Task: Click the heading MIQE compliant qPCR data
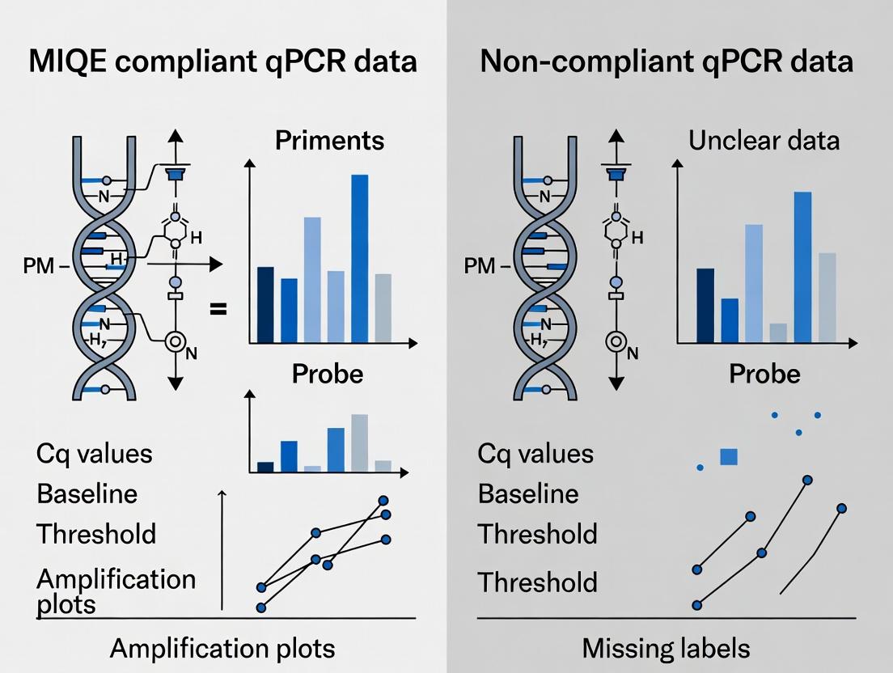[222, 62]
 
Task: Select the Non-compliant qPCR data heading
[667, 62]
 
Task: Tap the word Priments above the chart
[329, 141]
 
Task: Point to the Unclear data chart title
[764, 141]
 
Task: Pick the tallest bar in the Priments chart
[359, 258]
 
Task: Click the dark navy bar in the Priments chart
[265, 304]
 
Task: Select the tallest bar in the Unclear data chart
[802, 267]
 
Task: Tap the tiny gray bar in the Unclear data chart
[779, 332]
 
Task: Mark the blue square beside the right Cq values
[729, 457]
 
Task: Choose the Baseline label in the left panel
[87, 493]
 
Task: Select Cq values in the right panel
[535, 453]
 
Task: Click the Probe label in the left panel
[327, 374]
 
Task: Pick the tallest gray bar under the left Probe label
[359, 442]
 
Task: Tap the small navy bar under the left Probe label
[265, 467]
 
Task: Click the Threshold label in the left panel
[96, 534]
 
